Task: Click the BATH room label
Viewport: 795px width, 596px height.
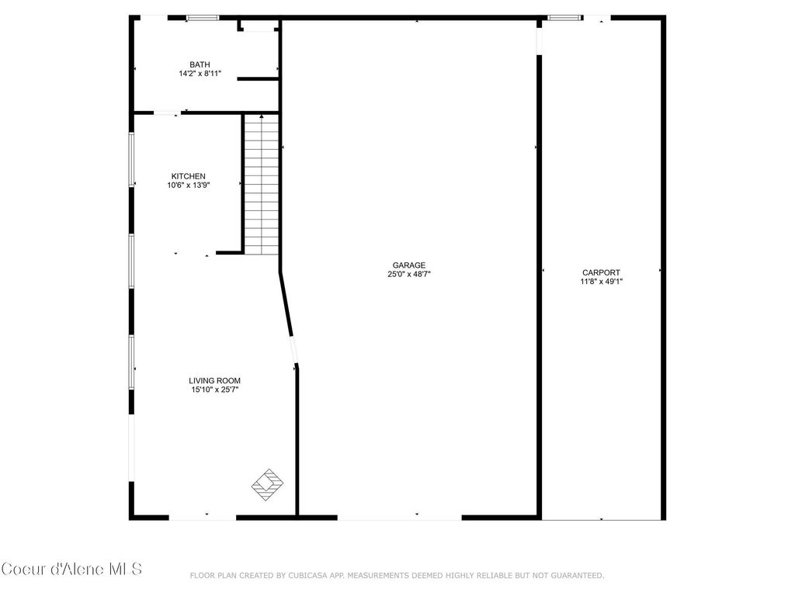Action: click(x=200, y=64)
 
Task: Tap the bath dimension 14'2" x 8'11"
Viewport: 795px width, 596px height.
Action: click(x=200, y=74)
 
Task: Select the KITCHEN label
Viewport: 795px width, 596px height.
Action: click(x=188, y=176)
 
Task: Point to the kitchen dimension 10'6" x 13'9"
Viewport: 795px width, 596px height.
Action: click(x=188, y=185)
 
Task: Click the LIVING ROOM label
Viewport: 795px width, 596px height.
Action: click(x=214, y=380)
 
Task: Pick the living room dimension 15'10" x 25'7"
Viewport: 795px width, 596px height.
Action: click(x=214, y=390)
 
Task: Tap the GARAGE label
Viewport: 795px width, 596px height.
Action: click(x=408, y=265)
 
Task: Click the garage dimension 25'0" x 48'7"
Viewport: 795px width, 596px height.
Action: click(x=408, y=274)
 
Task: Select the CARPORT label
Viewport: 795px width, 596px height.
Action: click(x=601, y=272)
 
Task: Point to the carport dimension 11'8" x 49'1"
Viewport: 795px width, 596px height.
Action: click(x=601, y=282)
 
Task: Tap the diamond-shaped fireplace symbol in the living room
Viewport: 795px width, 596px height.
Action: click(x=267, y=484)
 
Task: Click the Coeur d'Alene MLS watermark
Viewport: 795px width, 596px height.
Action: click(x=71, y=569)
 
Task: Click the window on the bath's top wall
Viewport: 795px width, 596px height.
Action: click(x=203, y=17)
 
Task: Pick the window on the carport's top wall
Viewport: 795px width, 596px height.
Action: click(x=564, y=17)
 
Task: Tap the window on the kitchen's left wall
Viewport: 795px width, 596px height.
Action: click(x=131, y=159)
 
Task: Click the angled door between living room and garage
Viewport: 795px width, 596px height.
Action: click(x=293, y=349)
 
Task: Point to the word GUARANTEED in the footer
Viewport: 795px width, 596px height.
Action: click(x=576, y=575)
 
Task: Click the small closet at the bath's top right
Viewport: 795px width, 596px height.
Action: click(x=259, y=26)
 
